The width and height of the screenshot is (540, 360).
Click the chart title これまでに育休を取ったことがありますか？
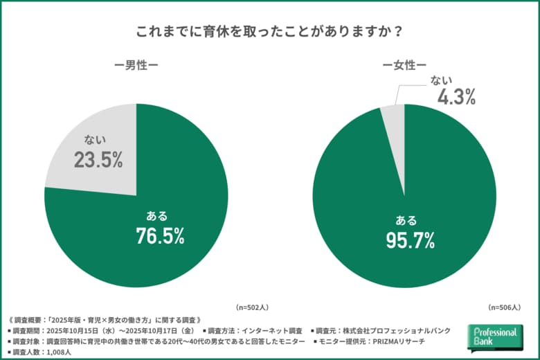click(270, 32)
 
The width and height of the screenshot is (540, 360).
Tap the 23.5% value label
click(98, 161)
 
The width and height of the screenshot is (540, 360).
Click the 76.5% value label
click(160, 235)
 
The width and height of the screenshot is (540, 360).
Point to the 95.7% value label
click(410, 240)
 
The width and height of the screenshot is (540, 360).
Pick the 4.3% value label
click(456, 98)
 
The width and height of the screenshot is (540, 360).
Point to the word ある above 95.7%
click(406, 220)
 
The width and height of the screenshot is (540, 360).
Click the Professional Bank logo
click(494, 338)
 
